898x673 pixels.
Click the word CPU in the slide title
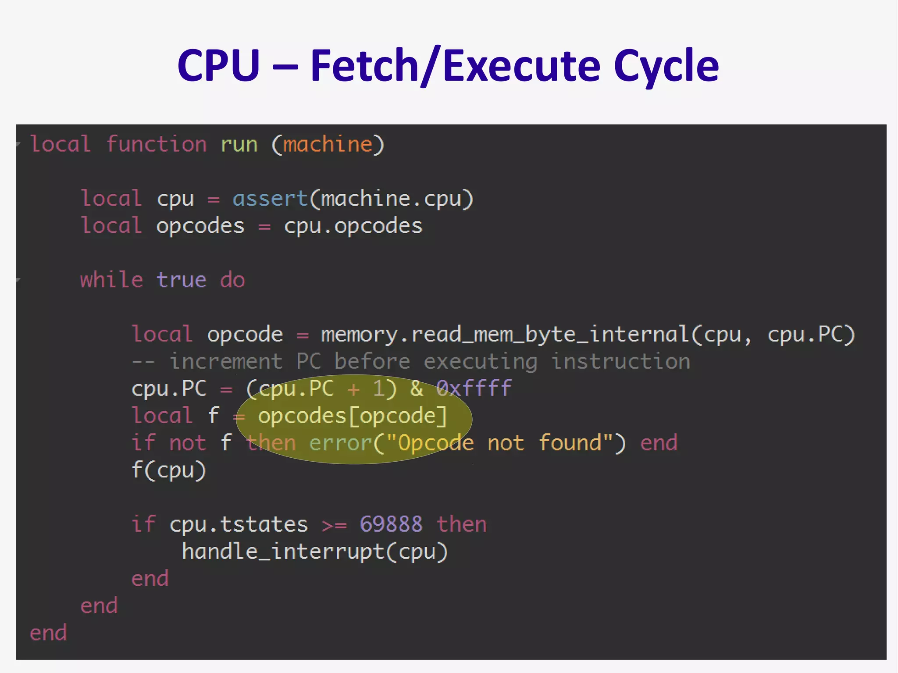218,66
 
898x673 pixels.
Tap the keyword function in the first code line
157,145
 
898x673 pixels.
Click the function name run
239,145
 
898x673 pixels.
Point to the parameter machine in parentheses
328,145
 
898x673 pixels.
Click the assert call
270,199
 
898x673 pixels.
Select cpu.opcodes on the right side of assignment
353,226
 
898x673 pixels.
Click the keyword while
111,280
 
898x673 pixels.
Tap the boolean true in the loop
181,280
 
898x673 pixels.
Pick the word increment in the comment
226,362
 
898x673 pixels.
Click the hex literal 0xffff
474,388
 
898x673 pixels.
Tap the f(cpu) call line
169,470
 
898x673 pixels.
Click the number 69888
391,524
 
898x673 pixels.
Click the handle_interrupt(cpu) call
315,552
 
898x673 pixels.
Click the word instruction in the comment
620,362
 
